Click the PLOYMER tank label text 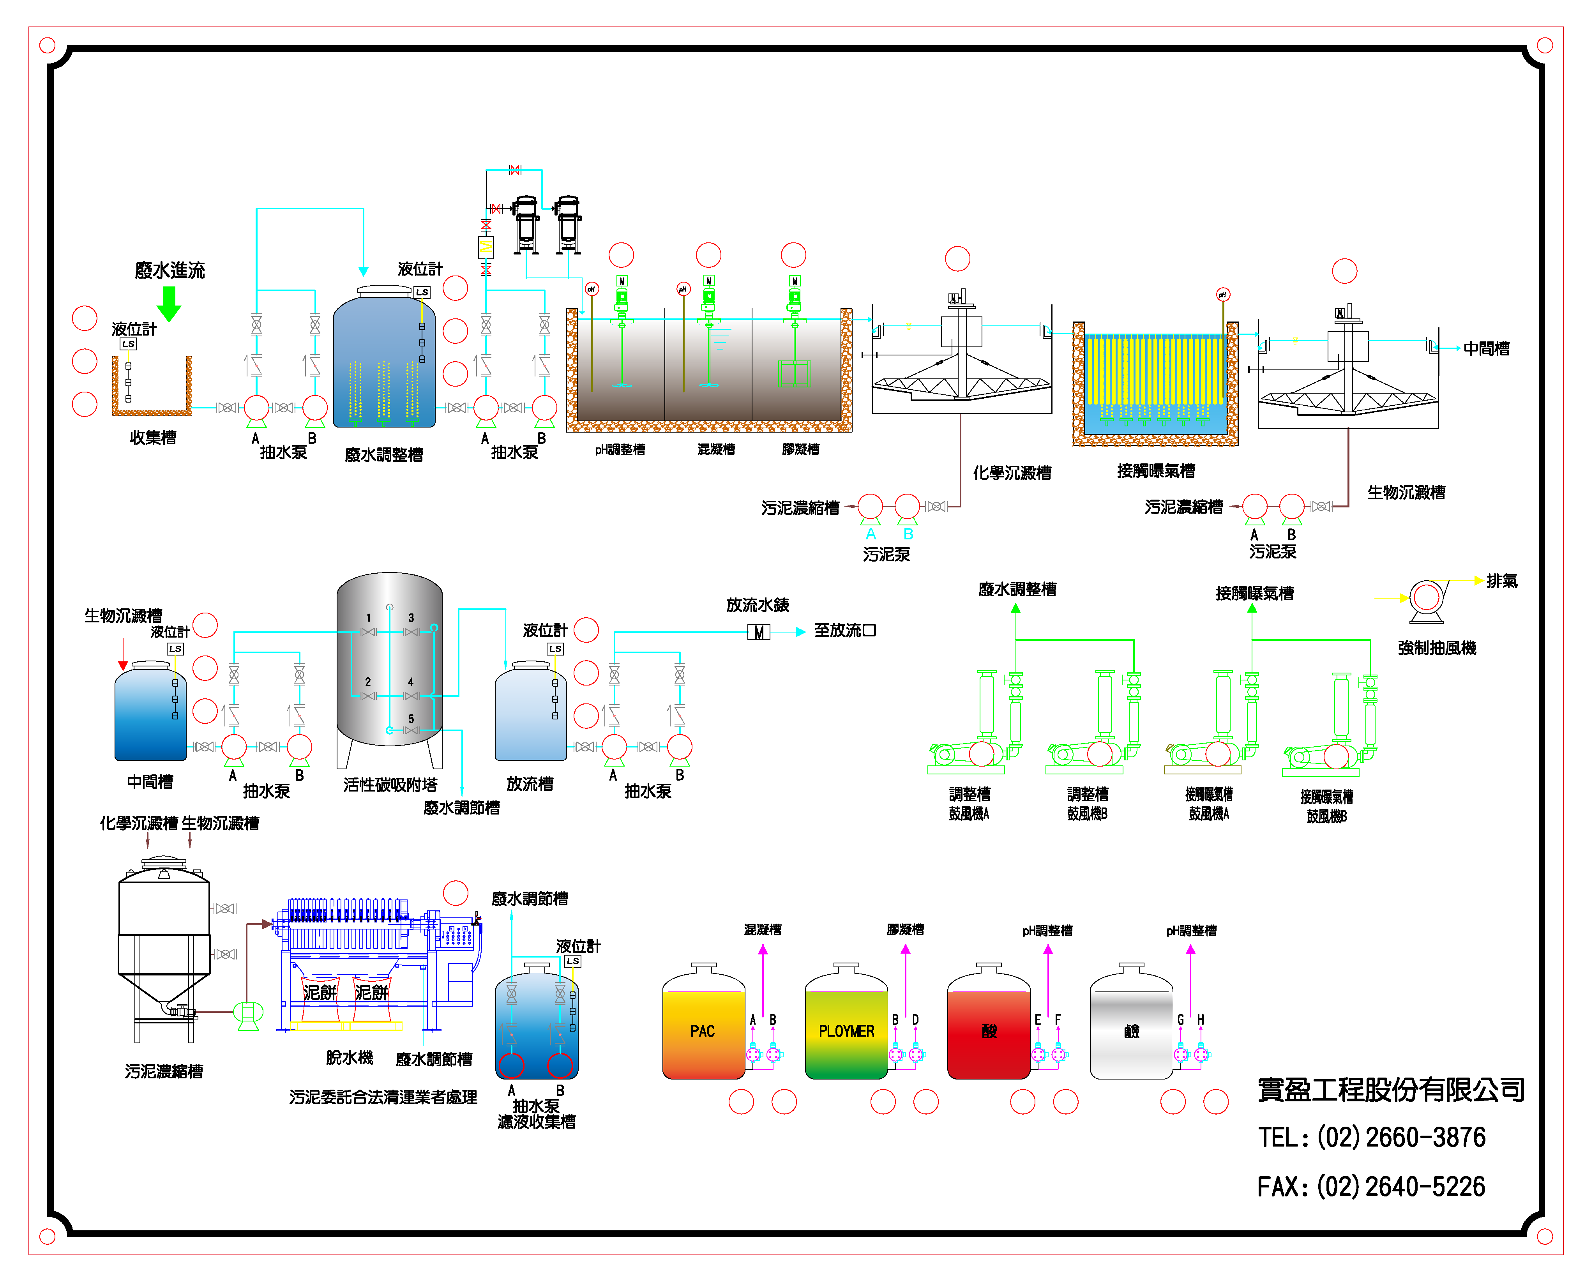click(x=846, y=1031)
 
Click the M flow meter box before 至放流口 click(x=758, y=632)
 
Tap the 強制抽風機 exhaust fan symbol click(x=1427, y=599)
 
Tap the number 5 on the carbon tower click(x=411, y=718)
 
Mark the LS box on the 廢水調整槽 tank click(x=422, y=292)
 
